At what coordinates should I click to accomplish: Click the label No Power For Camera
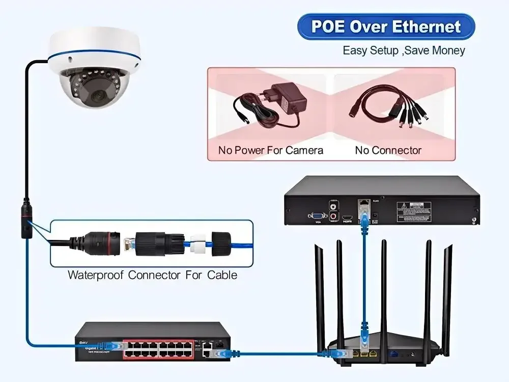(x=270, y=150)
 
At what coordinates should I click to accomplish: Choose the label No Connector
(x=388, y=150)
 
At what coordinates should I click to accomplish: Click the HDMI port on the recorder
(x=348, y=217)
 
